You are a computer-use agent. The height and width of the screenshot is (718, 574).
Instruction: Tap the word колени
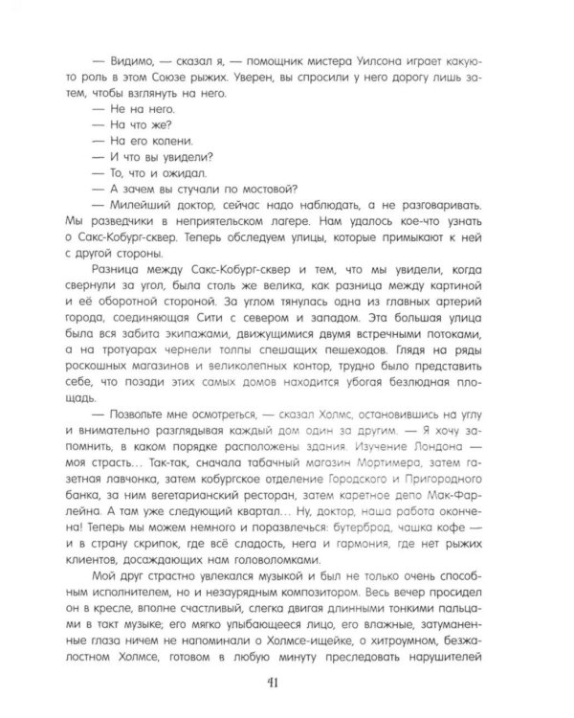coord(156,140)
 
